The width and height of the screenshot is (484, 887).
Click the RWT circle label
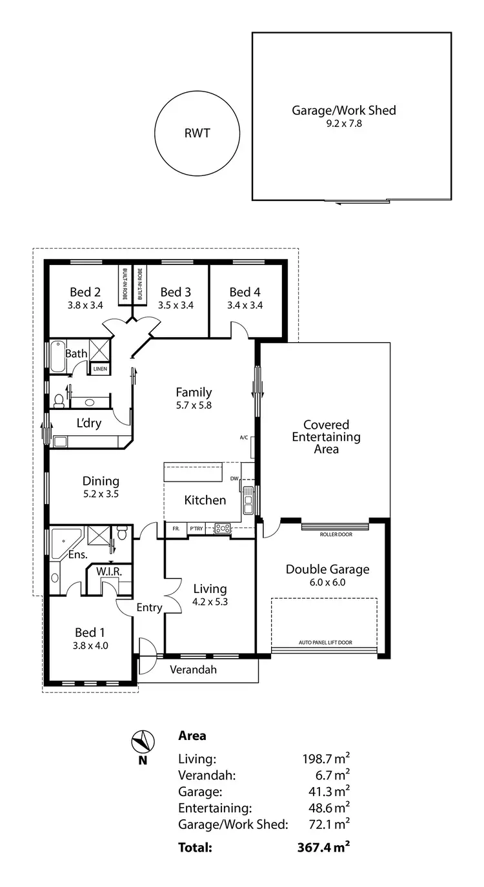pyautogui.click(x=197, y=134)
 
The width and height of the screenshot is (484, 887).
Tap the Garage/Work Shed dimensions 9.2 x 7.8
pyautogui.click(x=343, y=123)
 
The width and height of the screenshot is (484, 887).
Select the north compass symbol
pyautogui.click(x=142, y=742)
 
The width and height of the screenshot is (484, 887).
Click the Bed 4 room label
pyautogui.click(x=245, y=293)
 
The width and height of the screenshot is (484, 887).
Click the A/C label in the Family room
pyautogui.click(x=244, y=438)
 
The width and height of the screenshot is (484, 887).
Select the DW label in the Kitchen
pyautogui.click(x=234, y=478)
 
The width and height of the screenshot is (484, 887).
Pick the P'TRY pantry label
pyautogui.click(x=196, y=529)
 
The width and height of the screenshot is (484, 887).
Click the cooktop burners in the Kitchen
pyautogui.click(x=223, y=529)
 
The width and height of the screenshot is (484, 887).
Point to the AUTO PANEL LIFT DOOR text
pyautogui.click(x=325, y=643)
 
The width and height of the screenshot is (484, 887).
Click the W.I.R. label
pyautogui.click(x=109, y=571)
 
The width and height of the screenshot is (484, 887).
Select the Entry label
pyautogui.click(x=148, y=607)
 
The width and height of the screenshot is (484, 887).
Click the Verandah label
pyautogui.click(x=193, y=670)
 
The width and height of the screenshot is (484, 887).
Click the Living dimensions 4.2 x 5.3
pyautogui.click(x=210, y=602)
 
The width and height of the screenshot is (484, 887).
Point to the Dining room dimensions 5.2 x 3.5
pyautogui.click(x=101, y=494)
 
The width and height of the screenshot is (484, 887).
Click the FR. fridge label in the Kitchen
pyautogui.click(x=175, y=529)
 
